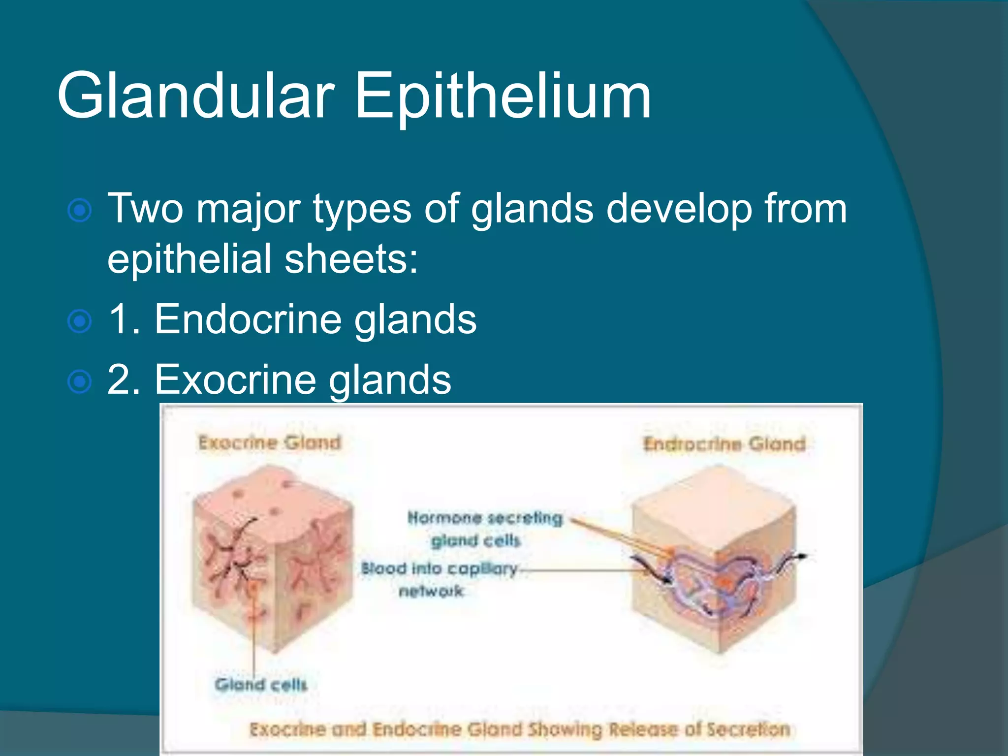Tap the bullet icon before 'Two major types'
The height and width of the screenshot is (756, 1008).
click(x=79, y=211)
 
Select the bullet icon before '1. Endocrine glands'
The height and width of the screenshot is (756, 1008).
click(x=79, y=321)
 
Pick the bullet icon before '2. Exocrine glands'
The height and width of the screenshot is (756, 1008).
click(x=79, y=382)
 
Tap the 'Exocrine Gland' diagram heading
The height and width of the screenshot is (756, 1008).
click(x=269, y=442)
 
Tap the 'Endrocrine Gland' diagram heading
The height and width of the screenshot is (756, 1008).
click(x=724, y=444)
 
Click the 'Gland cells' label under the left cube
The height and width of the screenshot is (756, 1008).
click(x=261, y=684)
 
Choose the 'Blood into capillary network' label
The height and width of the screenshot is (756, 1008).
click(x=438, y=579)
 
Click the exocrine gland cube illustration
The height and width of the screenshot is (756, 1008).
click(x=273, y=559)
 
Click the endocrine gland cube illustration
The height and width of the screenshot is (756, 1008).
click(x=714, y=561)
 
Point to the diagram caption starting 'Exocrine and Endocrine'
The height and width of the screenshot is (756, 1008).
click(x=519, y=729)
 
